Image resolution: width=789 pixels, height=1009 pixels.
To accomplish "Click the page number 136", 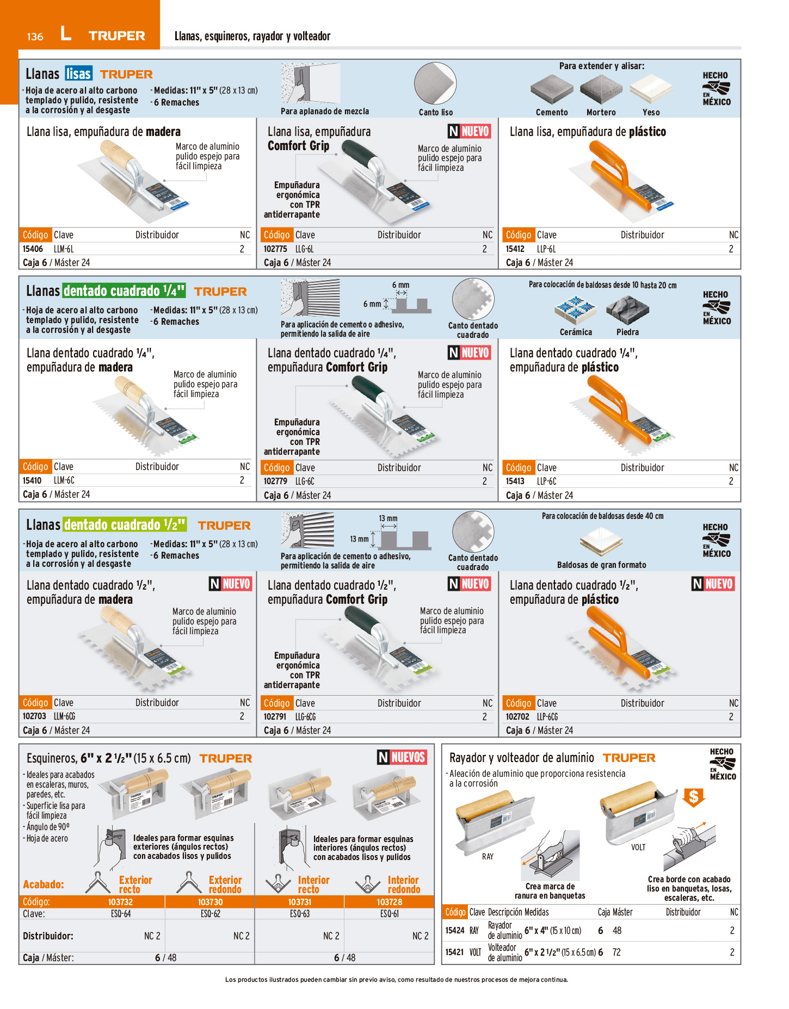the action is point(35,36).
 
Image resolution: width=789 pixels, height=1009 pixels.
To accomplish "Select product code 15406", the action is point(33,249).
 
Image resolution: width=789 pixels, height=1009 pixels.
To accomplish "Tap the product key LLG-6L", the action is point(304,249).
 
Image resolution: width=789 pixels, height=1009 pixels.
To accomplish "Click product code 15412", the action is point(515,249).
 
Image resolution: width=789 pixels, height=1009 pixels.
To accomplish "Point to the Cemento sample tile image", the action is point(552,89).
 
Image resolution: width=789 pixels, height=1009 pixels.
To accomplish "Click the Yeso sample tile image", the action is point(651,89).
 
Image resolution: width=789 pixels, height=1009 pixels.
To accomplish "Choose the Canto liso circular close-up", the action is point(435,84).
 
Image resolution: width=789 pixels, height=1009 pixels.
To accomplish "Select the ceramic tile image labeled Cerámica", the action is point(576,310).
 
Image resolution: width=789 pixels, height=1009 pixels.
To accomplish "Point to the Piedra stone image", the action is point(627,310).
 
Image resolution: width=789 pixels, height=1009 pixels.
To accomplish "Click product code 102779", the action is point(275,481).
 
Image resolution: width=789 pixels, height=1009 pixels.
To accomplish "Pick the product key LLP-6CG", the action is point(547,717).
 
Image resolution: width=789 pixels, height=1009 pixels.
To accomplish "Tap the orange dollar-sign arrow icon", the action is point(694,798).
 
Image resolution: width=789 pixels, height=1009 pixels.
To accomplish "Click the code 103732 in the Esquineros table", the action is point(120,902).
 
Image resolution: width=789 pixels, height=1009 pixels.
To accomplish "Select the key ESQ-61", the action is point(390,914).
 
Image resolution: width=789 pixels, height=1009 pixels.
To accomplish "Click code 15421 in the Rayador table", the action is point(455,952).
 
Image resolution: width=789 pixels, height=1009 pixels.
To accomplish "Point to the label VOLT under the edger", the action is point(638,847).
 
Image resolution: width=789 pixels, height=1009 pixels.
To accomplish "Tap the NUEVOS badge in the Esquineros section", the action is point(403,757).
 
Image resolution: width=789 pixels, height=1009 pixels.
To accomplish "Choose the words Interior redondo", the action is point(404,884).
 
